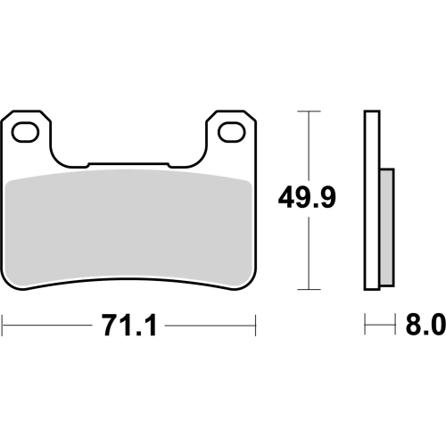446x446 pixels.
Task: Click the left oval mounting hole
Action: tap(27, 133)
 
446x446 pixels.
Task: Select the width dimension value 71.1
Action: tap(130, 327)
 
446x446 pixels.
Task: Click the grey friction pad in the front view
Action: tap(130, 227)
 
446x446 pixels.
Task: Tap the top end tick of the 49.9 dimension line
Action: tap(308, 111)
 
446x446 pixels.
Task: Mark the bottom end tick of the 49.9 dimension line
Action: tap(308, 289)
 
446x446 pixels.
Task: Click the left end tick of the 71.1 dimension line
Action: tap(3, 327)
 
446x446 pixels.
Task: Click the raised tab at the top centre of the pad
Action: tap(130, 165)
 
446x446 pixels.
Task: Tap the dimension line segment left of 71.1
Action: tap(49, 327)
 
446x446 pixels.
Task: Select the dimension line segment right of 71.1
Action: tap(211, 327)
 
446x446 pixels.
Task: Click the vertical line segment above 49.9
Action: tap(308, 143)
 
